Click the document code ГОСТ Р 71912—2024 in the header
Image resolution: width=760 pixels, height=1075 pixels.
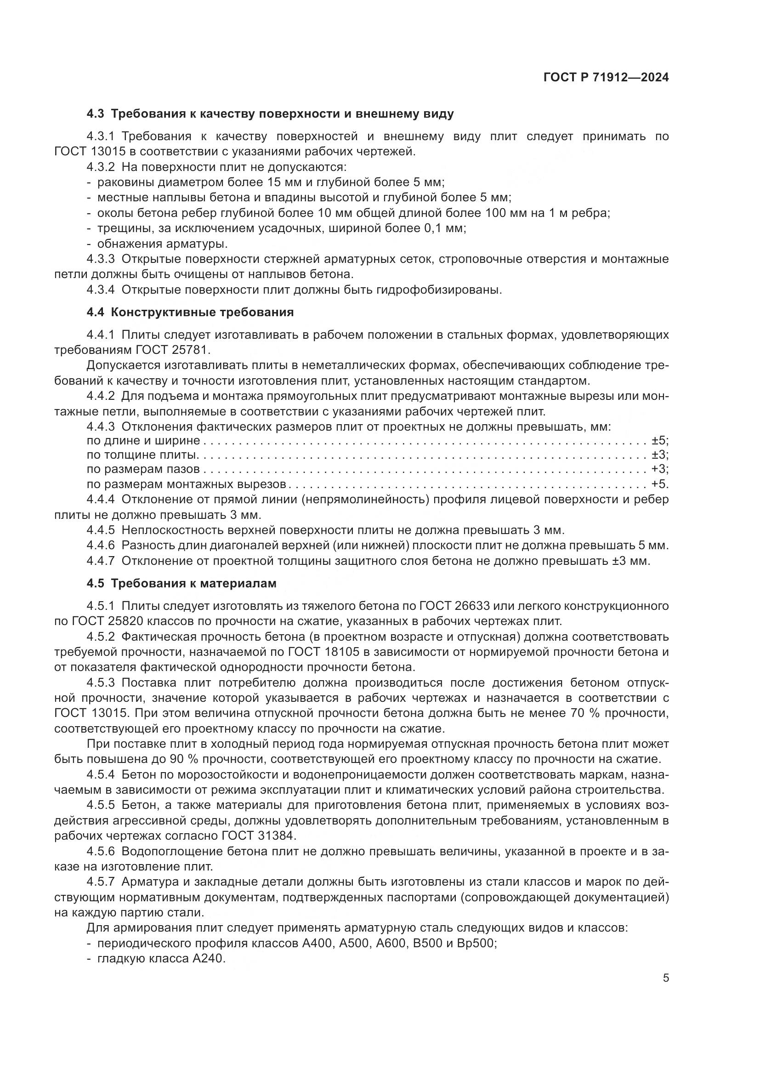pyautogui.click(x=606, y=78)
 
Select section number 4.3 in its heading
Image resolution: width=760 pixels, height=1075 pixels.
pyautogui.click(x=96, y=114)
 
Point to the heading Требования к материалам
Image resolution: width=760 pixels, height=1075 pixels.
pyautogui.click(x=193, y=584)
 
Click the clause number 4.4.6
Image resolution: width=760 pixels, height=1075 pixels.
pyautogui.click(x=100, y=546)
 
